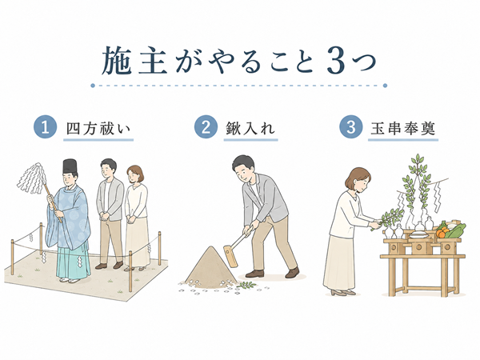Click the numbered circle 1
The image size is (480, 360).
46,126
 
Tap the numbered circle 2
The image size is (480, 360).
206,126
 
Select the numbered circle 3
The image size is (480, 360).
351,126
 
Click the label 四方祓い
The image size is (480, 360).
98,129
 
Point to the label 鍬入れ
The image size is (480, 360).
250,129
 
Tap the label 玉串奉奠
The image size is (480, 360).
403,129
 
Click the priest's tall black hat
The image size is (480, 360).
70,166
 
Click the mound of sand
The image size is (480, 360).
210,268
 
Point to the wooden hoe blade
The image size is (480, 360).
230,257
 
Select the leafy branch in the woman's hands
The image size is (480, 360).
388,218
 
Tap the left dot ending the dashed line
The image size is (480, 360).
93,86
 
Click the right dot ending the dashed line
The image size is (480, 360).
385,86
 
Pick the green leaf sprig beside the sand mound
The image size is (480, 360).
246,286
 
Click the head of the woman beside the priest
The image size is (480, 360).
134,174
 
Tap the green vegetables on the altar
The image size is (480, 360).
456,230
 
